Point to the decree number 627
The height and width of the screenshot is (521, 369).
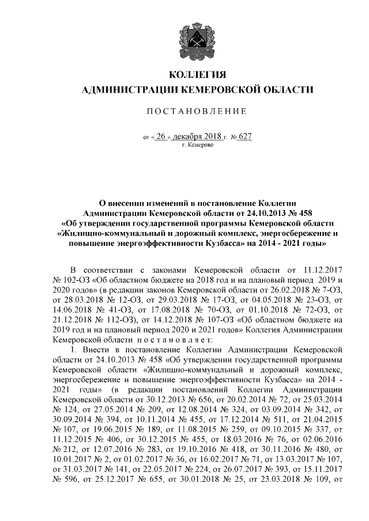coord(246,138)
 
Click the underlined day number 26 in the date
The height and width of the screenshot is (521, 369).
coord(165,138)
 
